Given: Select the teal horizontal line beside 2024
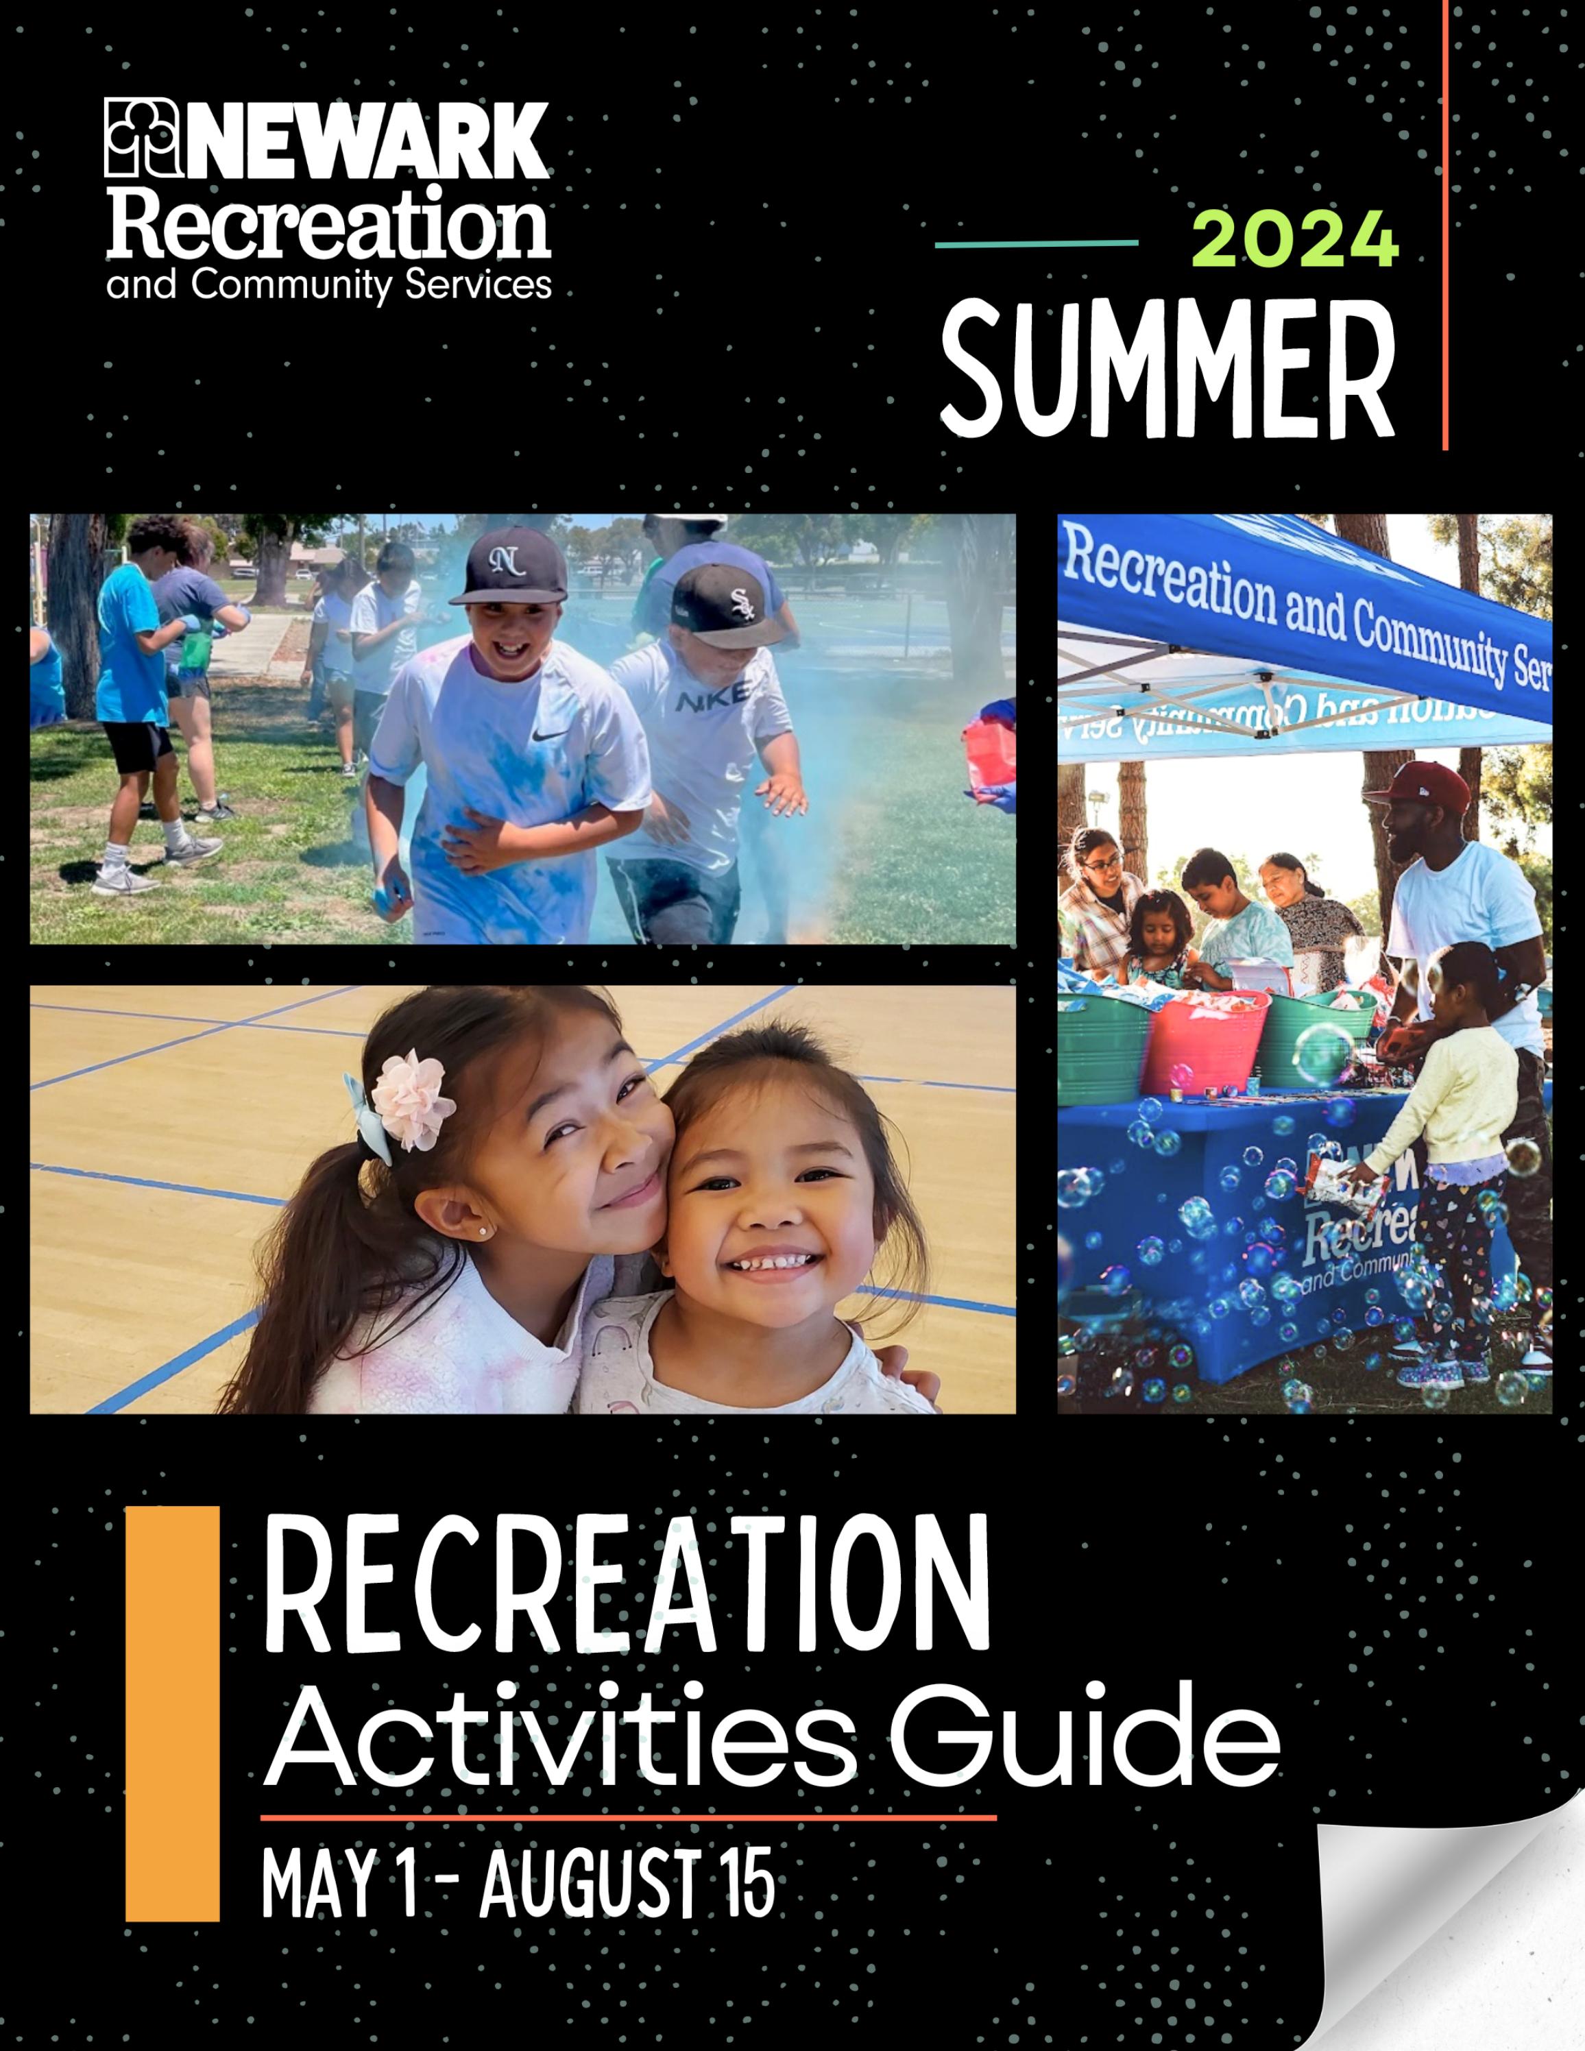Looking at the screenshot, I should tap(1036, 243).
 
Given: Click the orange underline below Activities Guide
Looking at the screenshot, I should tap(627, 1817).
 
